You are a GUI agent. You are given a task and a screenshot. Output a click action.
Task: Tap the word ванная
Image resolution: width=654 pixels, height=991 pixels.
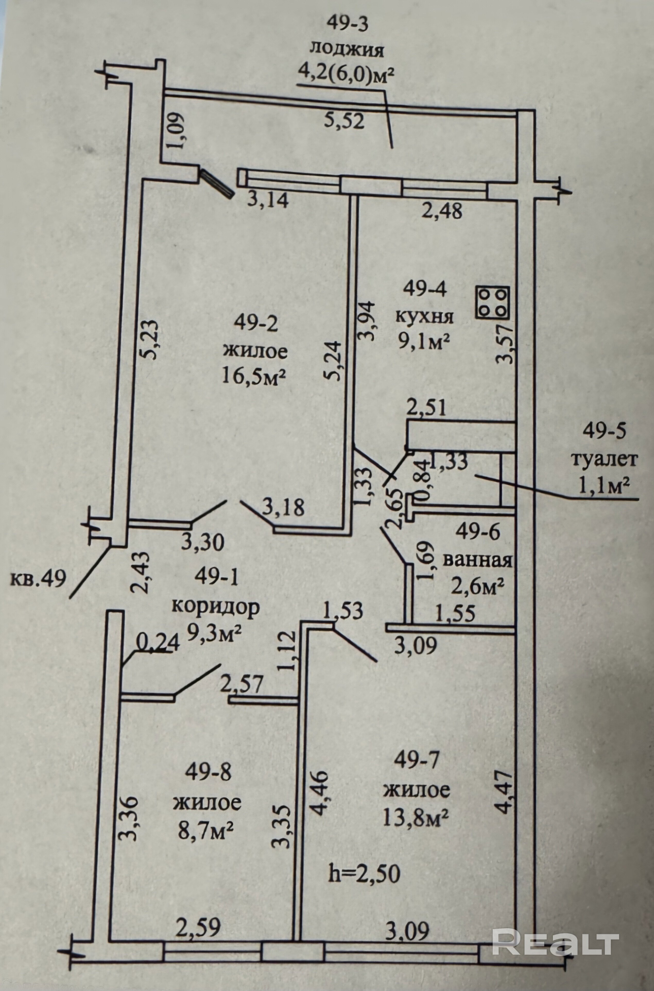pos(477,561)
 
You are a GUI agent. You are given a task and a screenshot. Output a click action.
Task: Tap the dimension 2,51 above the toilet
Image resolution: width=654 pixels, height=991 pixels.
pos(426,408)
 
